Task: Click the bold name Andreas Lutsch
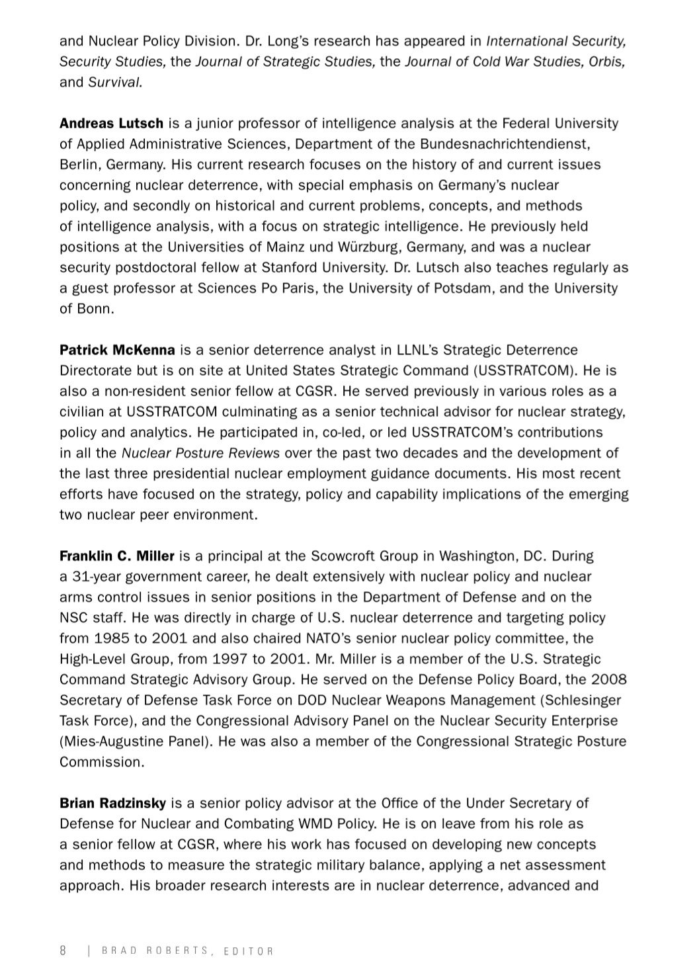pos(111,124)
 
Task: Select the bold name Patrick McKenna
pos(117,350)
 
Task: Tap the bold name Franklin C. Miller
pos(117,556)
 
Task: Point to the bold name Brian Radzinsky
pos(112,804)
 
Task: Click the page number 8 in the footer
pos(63,950)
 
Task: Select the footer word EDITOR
pos(249,951)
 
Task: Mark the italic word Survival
pos(115,83)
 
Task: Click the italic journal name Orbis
pos(608,62)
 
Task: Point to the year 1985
pos(111,639)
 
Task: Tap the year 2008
pos(608,680)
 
